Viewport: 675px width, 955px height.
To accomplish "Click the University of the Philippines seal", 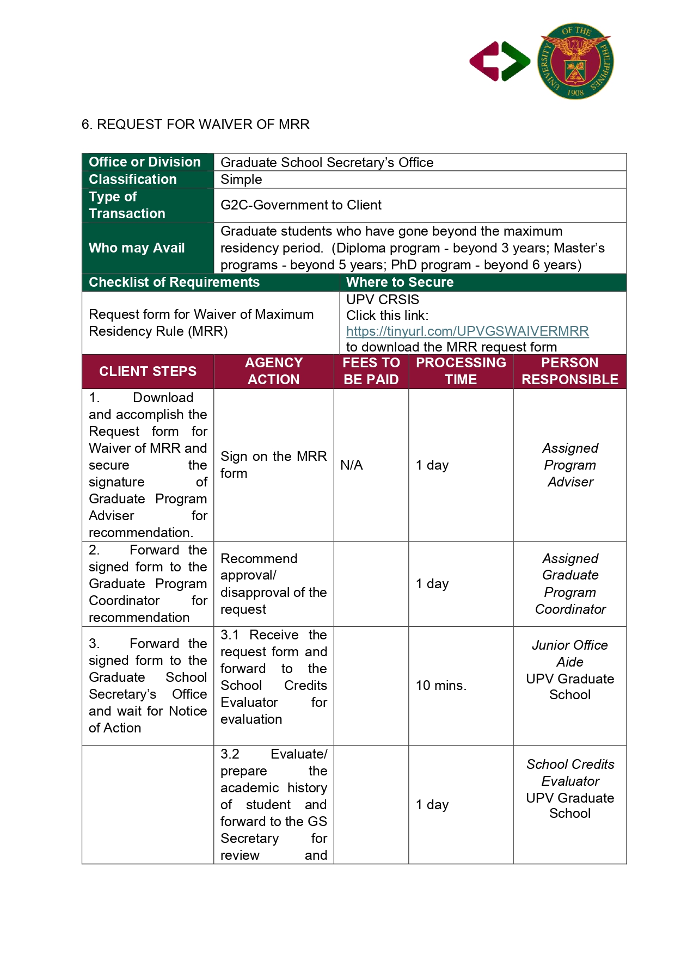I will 575,61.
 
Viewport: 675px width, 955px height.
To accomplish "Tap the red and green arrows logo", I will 500,61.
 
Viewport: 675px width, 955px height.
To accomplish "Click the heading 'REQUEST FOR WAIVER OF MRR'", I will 195,125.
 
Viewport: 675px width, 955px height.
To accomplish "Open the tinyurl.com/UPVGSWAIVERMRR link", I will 467,331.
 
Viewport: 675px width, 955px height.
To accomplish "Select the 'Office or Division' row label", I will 145,162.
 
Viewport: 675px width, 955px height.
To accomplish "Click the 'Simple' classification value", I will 241,180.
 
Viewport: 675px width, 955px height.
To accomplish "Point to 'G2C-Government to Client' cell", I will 301,205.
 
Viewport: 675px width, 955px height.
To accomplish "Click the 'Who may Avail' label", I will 137,248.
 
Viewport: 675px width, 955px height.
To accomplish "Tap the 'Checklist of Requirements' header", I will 174,282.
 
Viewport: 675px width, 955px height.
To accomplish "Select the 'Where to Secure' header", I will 400,282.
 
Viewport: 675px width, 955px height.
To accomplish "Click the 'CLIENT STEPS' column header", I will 148,372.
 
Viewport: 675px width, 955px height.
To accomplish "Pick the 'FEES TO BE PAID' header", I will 371,371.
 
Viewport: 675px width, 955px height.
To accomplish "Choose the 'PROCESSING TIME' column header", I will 461,371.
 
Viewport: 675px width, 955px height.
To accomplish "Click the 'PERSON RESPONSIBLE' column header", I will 569,371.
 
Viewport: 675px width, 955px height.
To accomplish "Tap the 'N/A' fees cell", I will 352,465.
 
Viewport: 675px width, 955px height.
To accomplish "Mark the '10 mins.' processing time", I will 441,686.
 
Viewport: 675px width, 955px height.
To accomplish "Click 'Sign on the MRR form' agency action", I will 273,465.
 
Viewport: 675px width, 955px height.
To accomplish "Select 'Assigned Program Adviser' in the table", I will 570,465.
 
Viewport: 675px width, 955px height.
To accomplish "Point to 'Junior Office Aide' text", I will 570,654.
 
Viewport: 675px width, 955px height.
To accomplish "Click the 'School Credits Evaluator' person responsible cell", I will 570,773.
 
